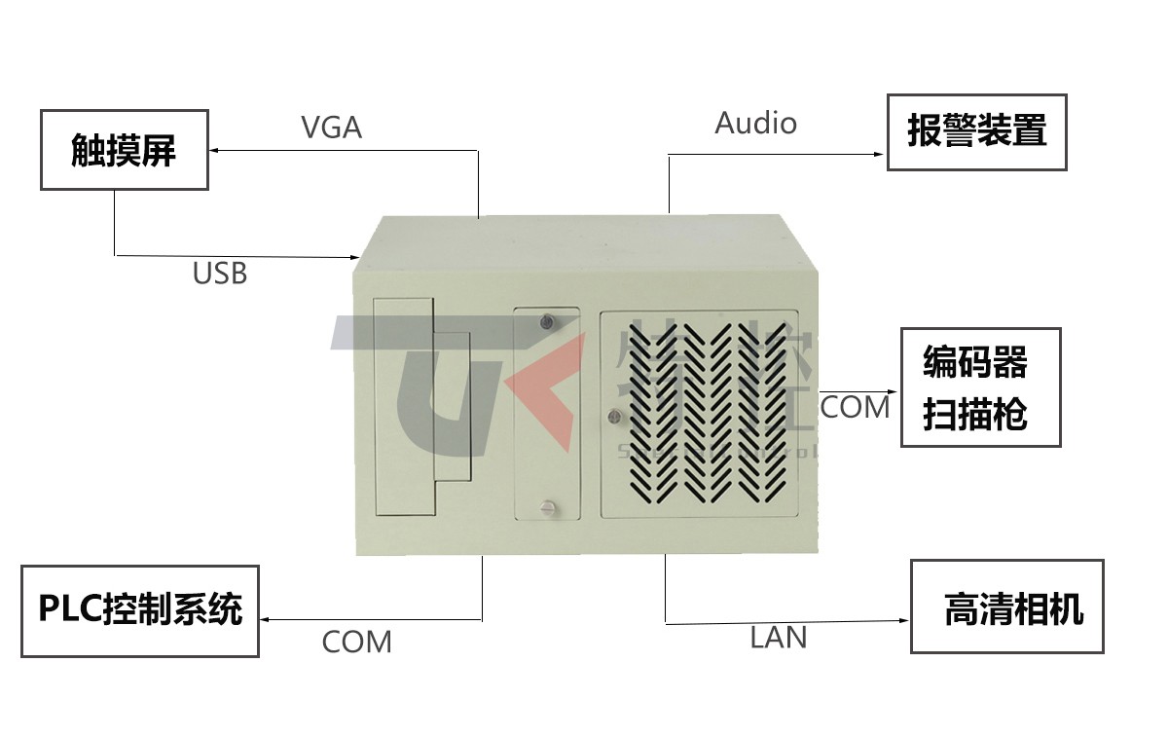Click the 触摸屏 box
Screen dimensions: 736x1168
(124, 150)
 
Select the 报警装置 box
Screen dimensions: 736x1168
(976, 131)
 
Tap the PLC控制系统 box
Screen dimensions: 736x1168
(140, 610)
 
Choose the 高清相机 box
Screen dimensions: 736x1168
(1006, 606)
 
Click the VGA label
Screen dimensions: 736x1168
(331, 128)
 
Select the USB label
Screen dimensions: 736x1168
(219, 274)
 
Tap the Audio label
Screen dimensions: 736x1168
(755, 123)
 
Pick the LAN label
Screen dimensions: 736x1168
(779, 638)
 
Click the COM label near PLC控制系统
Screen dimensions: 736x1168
(356, 643)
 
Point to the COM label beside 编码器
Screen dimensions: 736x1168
(855, 407)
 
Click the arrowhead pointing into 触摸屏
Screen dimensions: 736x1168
(216, 150)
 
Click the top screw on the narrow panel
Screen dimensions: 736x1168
(547, 320)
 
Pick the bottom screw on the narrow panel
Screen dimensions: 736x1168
(547, 505)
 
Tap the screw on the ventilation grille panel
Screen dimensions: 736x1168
(614, 417)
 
